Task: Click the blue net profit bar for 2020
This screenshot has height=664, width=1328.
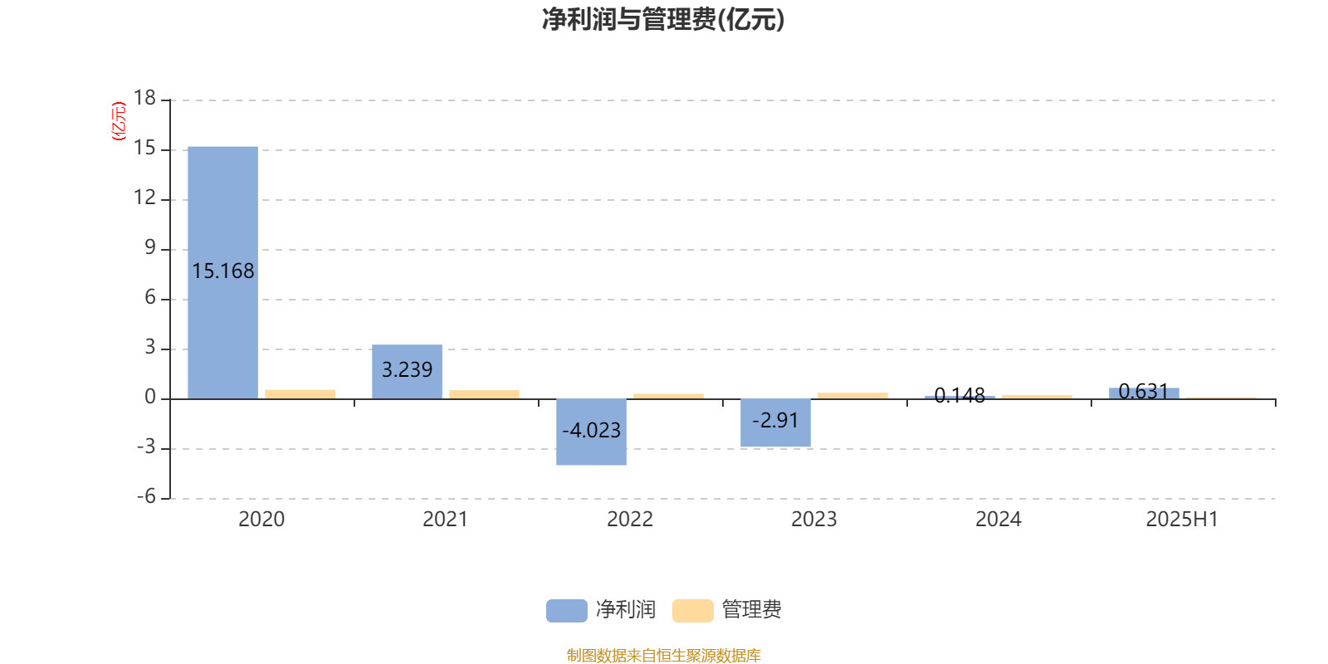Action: click(223, 273)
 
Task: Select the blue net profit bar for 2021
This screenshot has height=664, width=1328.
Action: click(408, 372)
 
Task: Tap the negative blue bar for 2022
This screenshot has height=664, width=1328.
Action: click(591, 432)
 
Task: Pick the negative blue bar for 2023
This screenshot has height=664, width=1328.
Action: click(775, 422)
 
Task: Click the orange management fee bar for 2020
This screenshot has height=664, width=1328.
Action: click(300, 394)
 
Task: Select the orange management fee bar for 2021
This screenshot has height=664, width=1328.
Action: click(485, 394)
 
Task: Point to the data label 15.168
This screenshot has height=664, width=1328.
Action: click(223, 271)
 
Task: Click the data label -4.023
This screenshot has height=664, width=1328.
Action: click(591, 430)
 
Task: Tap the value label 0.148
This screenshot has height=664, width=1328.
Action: click(959, 395)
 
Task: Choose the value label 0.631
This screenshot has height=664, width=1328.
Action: click(1143, 391)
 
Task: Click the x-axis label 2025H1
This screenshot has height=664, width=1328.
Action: click(1182, 520)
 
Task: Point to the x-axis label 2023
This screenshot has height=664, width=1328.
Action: click(814, 520)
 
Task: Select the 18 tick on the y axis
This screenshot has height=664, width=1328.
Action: click(144, 98)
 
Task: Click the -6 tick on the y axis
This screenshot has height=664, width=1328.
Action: click(146, 496)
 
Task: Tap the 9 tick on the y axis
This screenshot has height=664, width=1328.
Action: click(150, 247)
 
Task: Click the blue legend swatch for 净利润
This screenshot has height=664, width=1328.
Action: click(567, 611)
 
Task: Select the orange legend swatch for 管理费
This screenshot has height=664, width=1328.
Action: click(692, 611)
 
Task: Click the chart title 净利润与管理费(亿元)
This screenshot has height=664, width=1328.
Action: click(663, 19)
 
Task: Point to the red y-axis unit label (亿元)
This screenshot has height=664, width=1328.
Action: click(120, 121)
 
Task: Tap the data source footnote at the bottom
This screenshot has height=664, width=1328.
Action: click(663, 655)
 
